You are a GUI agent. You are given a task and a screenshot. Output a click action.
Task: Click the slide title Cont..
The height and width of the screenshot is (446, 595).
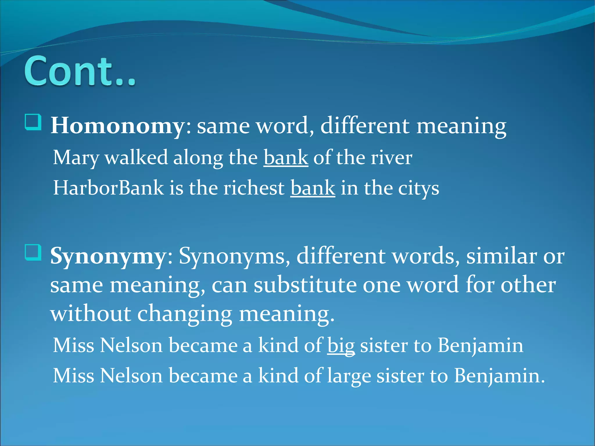point(80,71)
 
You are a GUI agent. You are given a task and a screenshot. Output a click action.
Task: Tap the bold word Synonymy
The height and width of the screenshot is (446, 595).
point(107,256)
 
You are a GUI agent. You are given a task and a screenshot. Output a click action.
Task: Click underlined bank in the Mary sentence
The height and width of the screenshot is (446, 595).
point(286,158)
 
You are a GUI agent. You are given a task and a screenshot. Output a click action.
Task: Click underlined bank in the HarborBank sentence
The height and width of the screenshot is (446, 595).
point(313,188)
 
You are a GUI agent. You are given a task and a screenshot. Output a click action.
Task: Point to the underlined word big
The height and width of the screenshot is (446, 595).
point(341,346)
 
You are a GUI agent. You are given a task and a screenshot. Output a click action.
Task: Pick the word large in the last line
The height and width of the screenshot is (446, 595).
point(349,376)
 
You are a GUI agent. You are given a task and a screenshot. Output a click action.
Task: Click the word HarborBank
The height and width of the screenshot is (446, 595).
point(108,188)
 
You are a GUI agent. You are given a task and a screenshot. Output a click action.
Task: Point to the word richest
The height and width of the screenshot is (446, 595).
point(254,188)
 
